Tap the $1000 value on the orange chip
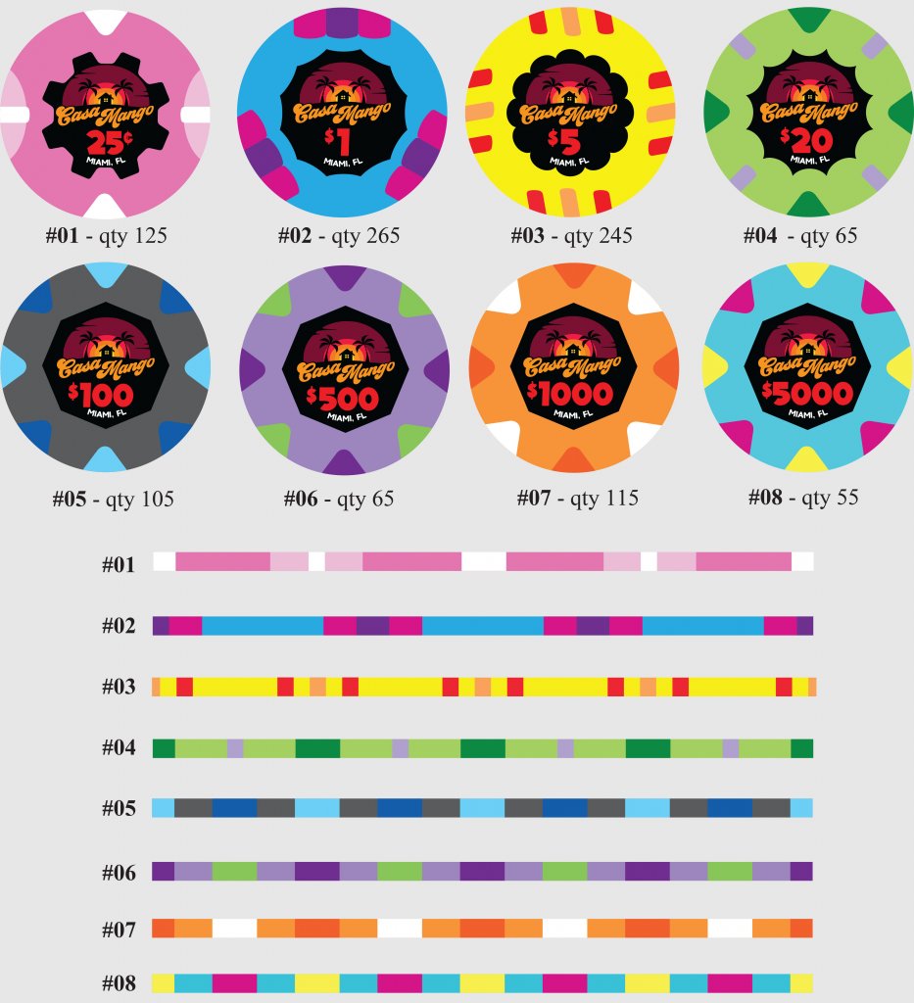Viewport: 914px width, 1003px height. (570, 395)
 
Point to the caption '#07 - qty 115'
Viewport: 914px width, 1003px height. (577, 498)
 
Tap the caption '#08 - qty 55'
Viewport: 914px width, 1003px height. (802, 498)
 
